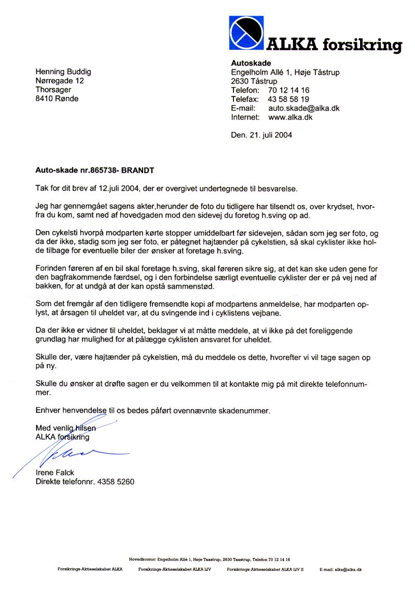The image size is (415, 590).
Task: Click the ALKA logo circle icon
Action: [246, 33]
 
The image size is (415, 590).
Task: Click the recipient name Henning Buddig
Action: [63, 72]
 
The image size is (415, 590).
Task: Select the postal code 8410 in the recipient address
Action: [44, 98]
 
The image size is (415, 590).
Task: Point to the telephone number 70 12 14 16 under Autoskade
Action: [289, 90]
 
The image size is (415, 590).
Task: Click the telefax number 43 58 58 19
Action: [289, 99]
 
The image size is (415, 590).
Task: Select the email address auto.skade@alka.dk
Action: [303, 108]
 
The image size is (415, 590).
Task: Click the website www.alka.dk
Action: [290, 117]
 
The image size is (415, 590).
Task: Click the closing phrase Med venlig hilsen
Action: [65, 428]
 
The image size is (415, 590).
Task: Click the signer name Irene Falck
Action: [55, 472]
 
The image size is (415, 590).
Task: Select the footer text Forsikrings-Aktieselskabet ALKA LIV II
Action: [265, 569]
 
